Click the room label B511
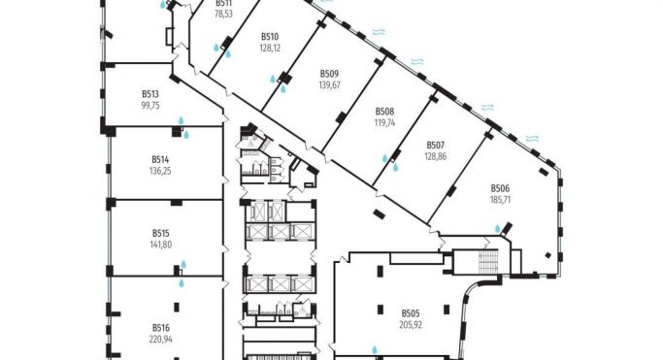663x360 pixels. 223,4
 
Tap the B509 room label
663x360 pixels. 329,74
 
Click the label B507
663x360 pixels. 435,146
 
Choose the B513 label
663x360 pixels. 149,94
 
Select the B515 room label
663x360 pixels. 161,233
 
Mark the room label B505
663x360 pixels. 411,312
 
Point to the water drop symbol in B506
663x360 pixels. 498,229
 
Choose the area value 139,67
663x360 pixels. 329,84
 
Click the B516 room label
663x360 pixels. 161,328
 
